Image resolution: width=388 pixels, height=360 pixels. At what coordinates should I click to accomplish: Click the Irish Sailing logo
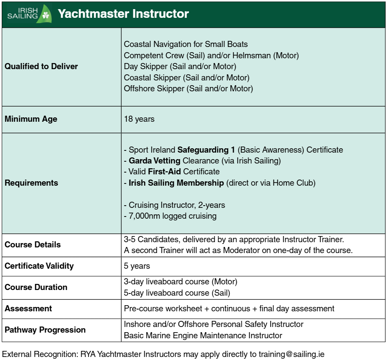point(29,14)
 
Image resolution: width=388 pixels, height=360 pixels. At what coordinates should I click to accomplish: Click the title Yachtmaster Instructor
point(123,14)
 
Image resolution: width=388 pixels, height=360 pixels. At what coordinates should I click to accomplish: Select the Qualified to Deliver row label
point(41,67)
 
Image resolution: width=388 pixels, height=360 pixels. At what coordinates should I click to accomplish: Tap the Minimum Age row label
point(31,119)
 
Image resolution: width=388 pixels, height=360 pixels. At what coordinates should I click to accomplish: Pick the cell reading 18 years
point(139,119)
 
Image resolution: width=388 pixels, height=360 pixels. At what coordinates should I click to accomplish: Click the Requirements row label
point(31,183)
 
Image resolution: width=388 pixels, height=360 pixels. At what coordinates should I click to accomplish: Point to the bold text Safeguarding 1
point(206,150)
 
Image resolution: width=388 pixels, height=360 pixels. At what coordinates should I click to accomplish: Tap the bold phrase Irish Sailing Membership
point(176,183)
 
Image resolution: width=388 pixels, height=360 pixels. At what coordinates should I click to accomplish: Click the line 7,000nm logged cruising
point(170,216)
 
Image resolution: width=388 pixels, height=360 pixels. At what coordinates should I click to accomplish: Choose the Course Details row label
point(33,244)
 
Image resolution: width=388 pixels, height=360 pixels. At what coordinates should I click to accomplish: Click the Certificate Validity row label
point(39,266)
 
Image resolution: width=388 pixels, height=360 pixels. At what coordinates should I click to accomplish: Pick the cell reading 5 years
point(137,266)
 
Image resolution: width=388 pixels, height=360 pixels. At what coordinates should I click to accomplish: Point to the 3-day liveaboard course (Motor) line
point(180,282)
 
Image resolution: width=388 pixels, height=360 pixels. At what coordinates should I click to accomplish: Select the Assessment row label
point(28,308)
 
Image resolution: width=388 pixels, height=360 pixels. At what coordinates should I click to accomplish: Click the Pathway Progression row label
point(45,330)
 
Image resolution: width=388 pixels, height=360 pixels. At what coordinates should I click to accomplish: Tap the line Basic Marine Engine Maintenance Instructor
point(203,335)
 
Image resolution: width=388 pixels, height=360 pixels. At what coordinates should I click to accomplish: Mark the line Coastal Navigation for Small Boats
point(186,44)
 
